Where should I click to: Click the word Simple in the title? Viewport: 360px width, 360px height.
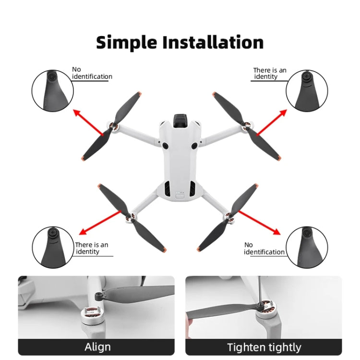126,42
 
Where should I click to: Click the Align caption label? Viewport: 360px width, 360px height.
97,347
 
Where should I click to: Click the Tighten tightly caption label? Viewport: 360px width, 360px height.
264,347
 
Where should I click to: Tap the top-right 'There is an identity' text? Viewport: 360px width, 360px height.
269,73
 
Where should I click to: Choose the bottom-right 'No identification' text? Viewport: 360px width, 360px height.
264,249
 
